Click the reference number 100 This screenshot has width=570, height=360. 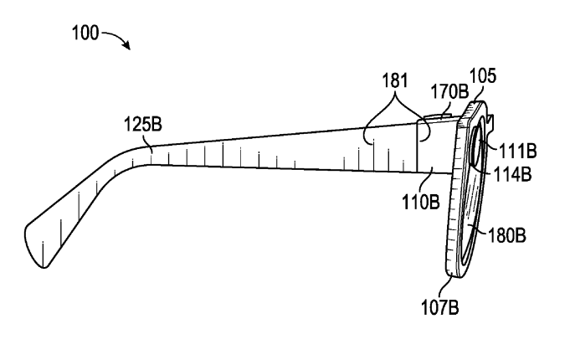(85, 33)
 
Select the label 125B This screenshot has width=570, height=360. (143, 124)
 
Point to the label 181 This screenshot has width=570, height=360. (395, 80)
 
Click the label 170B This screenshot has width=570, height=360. (449, 91)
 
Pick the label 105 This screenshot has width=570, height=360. (483, 76)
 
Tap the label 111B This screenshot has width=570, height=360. (517, 151)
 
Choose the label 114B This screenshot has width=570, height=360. (512, 174)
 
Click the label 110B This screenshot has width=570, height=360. (420, 202)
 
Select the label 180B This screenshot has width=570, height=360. (506, 235)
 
